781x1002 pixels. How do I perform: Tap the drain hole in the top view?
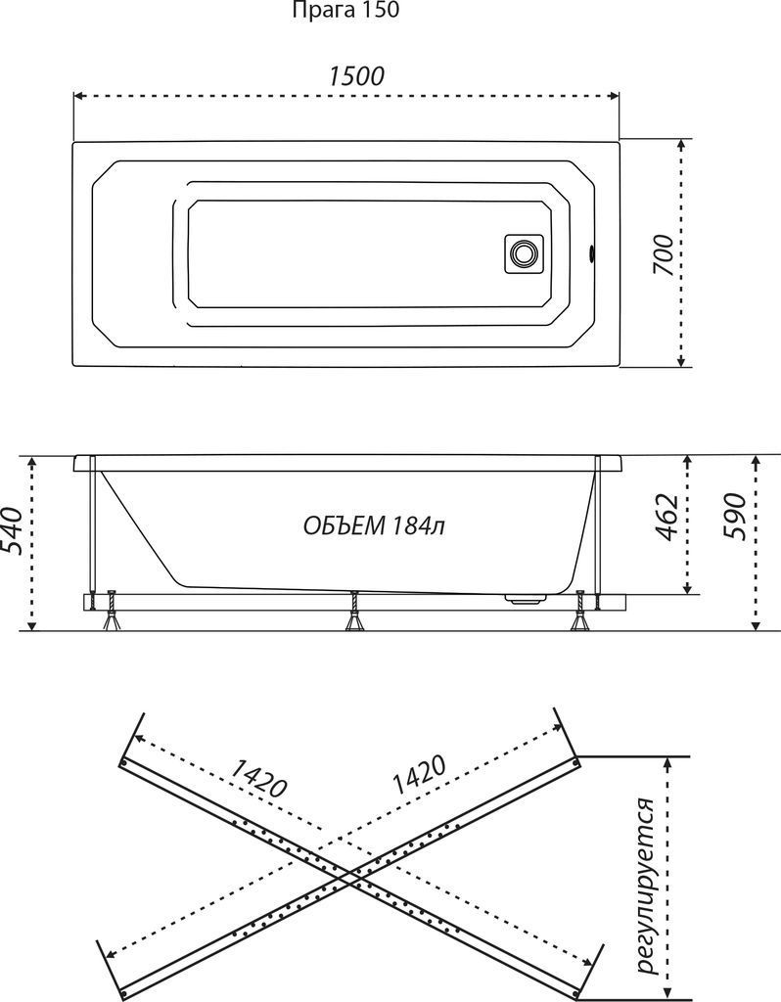[523, 253]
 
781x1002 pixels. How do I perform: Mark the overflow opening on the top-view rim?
[591, 254]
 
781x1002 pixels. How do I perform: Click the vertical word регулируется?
[645, 886]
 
